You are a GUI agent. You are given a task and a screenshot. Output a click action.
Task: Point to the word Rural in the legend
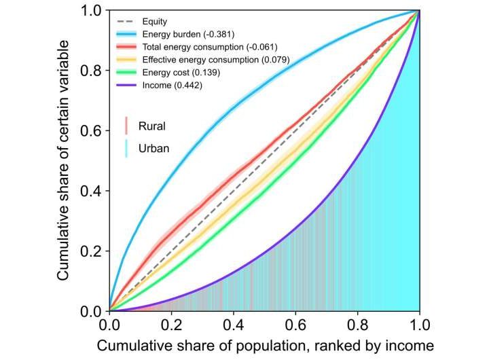151,126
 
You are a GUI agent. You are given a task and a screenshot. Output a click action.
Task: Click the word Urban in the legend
153,148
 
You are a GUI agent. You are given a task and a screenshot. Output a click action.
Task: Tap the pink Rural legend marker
126,126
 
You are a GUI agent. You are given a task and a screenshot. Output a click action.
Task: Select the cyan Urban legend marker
126,148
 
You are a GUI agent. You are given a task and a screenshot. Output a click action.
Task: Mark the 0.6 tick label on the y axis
92,131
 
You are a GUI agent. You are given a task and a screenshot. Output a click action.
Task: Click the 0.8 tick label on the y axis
92,71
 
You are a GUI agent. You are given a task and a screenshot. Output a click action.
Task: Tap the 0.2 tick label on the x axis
171,323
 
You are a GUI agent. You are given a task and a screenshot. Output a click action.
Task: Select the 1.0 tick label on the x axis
419,323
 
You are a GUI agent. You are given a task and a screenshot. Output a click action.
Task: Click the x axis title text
264,346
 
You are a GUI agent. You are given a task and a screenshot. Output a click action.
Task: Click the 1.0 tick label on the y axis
92,12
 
